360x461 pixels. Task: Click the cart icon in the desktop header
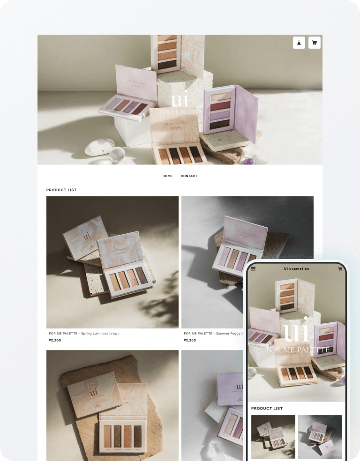(314, 43)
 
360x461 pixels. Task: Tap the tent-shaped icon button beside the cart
(299, 43)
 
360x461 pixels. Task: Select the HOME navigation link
(167, 176)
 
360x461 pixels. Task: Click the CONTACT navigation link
(189, 176)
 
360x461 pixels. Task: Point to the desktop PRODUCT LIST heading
(61, 190)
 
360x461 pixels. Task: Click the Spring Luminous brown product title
(84, 334)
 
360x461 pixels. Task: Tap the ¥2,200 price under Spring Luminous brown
(55, 341)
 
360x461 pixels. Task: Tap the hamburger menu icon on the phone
(254, 269)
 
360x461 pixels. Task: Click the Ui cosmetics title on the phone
(296, 269)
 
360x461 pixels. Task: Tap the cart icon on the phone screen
(340, 269)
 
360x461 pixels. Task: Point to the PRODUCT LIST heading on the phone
(267, 409)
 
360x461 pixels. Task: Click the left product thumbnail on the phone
(273, 437)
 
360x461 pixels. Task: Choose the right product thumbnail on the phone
(320, 437)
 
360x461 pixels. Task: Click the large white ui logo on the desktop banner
(180, 100)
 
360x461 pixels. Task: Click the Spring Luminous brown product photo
(112, 262)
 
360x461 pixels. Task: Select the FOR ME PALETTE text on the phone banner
(297, 350)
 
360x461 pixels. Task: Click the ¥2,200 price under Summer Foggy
(190, 341)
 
